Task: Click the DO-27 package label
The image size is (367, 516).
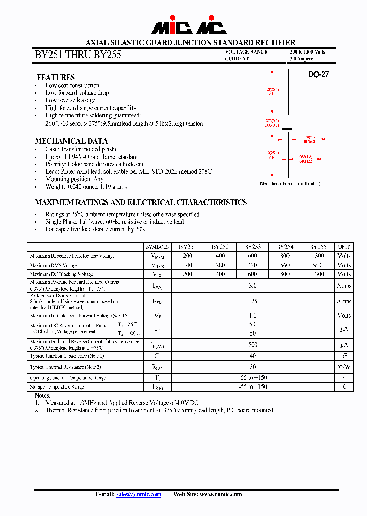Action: [x=319, y=74]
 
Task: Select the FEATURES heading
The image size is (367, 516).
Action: [x=56, y=77]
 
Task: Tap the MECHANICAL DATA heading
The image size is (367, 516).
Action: [x=71, y=141]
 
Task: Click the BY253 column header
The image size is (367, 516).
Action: [x=252, y=247]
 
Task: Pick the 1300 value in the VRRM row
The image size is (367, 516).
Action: [x=318, y=256]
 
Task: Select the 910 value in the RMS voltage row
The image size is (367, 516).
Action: [x=318, y=265]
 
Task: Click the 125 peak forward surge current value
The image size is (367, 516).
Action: [x=253, y=301]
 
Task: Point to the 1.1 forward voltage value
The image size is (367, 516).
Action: [x=253, y=316]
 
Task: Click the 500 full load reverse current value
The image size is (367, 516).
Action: [x=253, y=345]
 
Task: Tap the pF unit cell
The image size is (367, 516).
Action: [x=344, y=356]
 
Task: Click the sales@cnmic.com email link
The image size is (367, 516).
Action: [x=138, y=494]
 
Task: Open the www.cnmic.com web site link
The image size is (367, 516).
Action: [x=221, y=494]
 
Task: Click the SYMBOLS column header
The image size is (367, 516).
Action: [x=157, y=247]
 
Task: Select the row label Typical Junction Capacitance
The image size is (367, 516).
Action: [x=67, y=356]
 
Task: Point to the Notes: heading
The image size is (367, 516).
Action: [x=43, y=396]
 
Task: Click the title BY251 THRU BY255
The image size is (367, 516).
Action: [x=77, y=55]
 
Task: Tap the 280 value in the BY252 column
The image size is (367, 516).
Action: [x=220, y=265]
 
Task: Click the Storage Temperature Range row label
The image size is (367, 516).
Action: [x=57, y=388]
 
